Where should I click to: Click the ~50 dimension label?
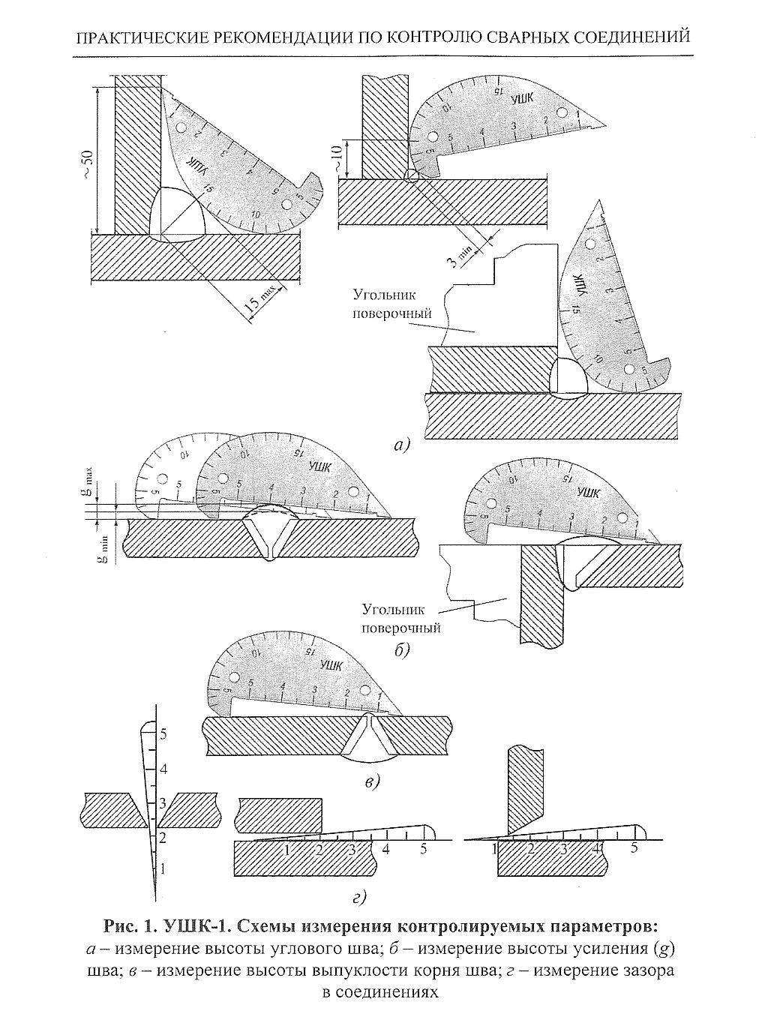pos(88,163)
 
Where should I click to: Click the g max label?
pos(88,481)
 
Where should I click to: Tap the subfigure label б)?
pos(402,649)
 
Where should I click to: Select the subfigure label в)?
pos(373,782)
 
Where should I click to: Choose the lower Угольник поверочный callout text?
pos(400,618)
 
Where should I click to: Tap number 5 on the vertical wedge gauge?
pos(163,734)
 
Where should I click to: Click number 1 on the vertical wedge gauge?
pos(163,868)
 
